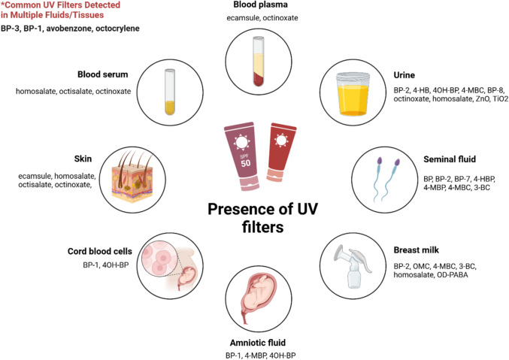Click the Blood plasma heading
[254, 6]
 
